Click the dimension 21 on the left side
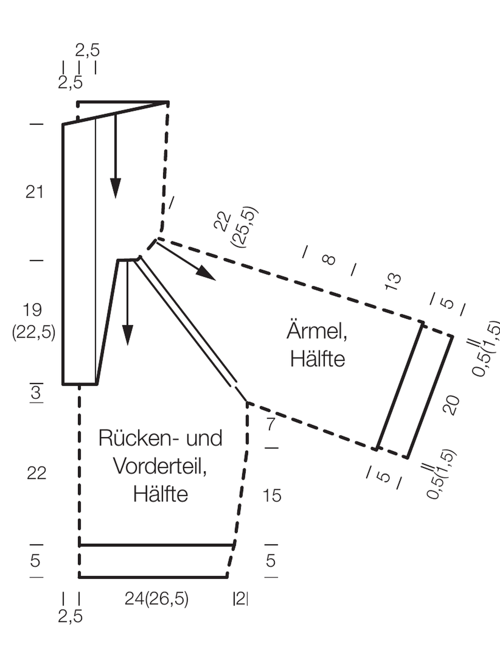[34, 192]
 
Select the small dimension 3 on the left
[36, 393]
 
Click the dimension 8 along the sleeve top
[329, 260]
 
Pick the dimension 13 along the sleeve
[393, 282]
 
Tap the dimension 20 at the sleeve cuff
[451, 405]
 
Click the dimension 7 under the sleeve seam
[271, 424]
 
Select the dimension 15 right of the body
[272, 495]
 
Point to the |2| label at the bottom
[240, 599]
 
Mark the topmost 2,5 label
[87, 50]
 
